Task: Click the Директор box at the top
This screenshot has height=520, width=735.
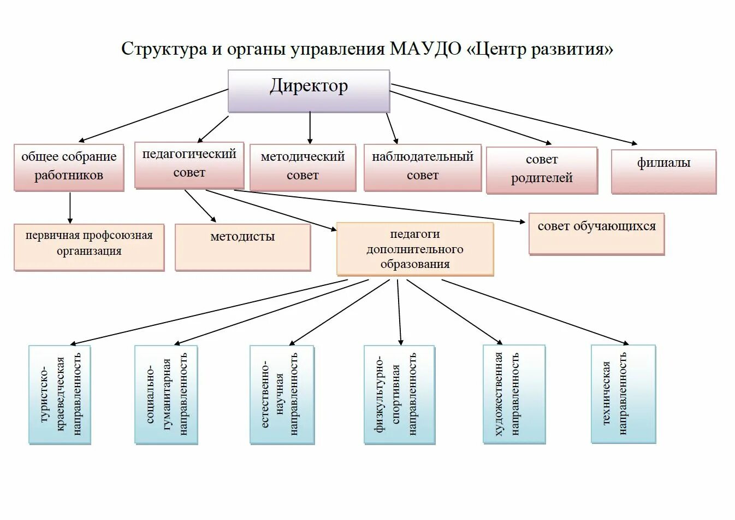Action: (309, 91)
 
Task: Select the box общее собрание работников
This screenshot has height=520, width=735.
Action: (69, 167)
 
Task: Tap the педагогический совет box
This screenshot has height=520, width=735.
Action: (189, 165)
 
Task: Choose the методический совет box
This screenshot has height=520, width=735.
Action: (303, 167)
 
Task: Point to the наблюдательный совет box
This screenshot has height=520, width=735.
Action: (422, 167)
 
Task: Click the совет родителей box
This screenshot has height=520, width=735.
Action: (542, 170)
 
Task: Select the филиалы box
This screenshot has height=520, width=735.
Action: (663, 171)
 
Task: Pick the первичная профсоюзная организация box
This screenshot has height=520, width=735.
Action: (89, 247)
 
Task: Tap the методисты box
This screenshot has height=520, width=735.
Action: (242, 247)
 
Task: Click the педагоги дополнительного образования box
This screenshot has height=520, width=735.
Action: (415, 249)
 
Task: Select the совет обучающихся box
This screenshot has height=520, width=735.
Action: (596, 233)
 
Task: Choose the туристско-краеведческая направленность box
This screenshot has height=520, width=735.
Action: (60, 394)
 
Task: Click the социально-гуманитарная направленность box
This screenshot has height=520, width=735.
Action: (166, 394)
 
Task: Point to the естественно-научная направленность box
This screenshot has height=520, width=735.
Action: (282, 394)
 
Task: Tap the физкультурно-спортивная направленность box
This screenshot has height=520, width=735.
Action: (399, 394)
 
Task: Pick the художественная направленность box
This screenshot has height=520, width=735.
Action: (514, 394)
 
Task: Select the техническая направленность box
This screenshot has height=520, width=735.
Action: (623, 394)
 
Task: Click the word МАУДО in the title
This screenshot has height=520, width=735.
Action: (425, 49)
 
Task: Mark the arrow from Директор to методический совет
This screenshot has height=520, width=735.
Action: (310, 128)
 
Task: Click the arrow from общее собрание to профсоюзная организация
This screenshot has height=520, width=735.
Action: (70, 208)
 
